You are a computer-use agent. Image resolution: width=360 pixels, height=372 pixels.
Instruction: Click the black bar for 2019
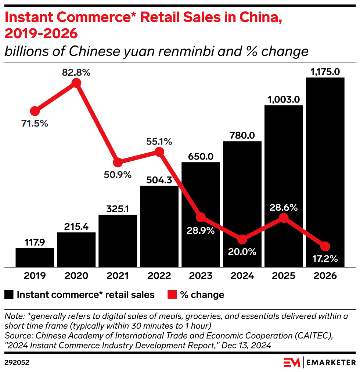coord(35,257)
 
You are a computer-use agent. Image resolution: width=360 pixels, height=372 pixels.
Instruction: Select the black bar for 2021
coord(118,241)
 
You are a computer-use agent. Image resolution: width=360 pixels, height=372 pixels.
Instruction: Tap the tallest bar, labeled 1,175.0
coord(325,172)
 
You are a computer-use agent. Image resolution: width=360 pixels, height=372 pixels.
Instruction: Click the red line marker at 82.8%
coord(76,83)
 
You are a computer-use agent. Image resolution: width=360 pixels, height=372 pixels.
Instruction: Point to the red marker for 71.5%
coord(35,111)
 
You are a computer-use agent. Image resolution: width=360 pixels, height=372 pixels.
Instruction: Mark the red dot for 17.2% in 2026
coord(325,246)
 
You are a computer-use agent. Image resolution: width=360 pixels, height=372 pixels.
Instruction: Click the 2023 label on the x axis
coord(201,276)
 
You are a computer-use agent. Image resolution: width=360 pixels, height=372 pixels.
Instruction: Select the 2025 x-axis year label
coord(284,276)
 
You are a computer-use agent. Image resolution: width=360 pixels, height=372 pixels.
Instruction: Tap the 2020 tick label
coord(76,276)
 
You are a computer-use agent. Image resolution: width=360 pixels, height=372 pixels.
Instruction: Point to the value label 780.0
coord(242,135)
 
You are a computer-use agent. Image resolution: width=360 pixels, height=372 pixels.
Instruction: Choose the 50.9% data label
coord(117,175)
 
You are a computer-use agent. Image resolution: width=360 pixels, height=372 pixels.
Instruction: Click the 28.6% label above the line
coord(283,207)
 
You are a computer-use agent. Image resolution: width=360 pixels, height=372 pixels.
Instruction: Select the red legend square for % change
coord(172,294)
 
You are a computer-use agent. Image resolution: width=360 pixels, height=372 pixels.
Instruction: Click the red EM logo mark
coord(292,362)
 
